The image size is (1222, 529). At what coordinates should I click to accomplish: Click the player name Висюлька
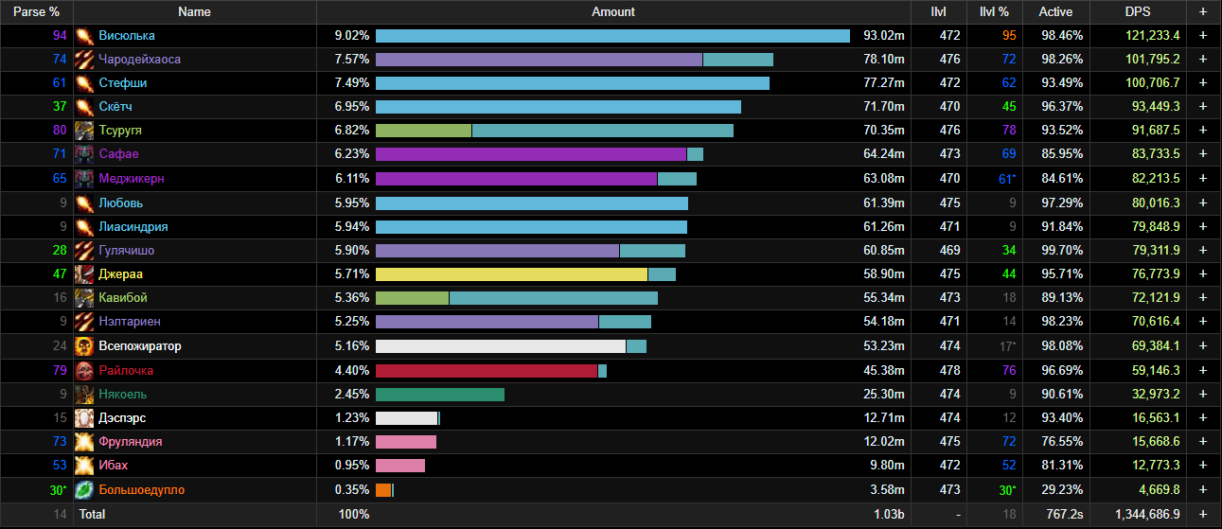coord(127,35)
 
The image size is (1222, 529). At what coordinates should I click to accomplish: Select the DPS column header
coord(1137,11)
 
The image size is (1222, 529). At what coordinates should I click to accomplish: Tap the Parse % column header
coord(36,11)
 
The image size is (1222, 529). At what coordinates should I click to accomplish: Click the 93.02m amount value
coord(884,35)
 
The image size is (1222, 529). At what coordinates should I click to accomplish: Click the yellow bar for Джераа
coord(511,273)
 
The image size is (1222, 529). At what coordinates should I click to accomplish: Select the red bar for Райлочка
coord(486,370)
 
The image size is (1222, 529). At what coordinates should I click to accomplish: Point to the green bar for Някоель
coord(439,394)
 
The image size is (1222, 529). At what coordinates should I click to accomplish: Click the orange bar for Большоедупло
coord(383,489)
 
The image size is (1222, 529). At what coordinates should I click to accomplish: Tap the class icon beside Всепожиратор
coord(84,345)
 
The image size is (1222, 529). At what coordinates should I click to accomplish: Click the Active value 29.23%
coord(1055,489)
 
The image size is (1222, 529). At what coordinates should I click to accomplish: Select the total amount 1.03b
coord(889,514)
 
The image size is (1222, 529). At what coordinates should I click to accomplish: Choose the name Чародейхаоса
coord(139,59)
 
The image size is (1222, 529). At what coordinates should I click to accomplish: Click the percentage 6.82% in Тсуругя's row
coord(351,130)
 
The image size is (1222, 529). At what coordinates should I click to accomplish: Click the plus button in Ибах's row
coord(1202,466)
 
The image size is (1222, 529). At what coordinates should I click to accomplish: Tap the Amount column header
coord(612,11)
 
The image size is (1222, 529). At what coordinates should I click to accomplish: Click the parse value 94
coord(60,35)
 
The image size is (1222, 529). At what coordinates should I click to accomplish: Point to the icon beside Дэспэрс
coord(84,417)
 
